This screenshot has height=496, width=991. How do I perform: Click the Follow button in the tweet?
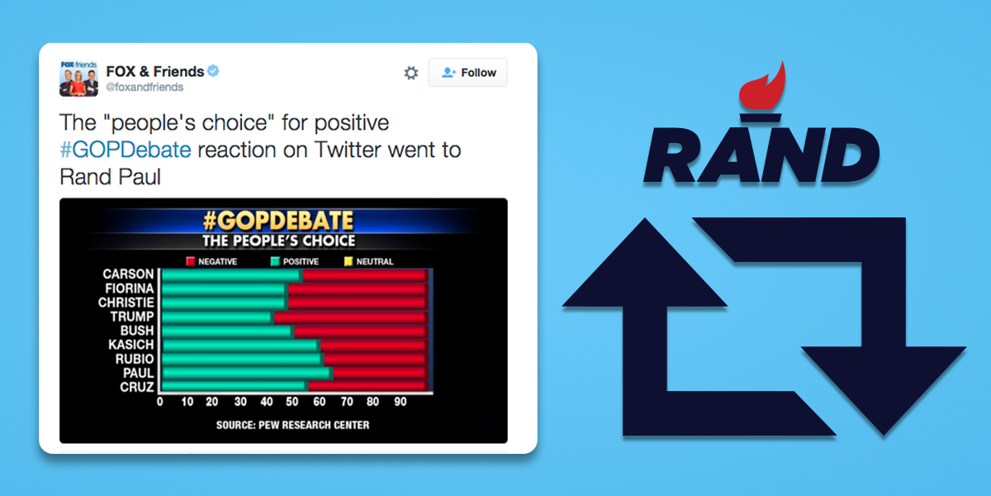click(x=468, y=73)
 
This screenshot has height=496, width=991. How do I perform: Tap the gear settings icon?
click(x=410, y=73)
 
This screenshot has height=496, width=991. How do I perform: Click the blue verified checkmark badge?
click(x=213, y=71)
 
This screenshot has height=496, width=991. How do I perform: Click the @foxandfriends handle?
click(x=145, y=87)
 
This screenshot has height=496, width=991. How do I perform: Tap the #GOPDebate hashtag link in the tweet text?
click(x=125, y=150)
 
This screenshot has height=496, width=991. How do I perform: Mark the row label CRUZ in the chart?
click(x=135, y=386)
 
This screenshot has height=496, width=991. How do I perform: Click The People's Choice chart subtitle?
click(x=279, y=241)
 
